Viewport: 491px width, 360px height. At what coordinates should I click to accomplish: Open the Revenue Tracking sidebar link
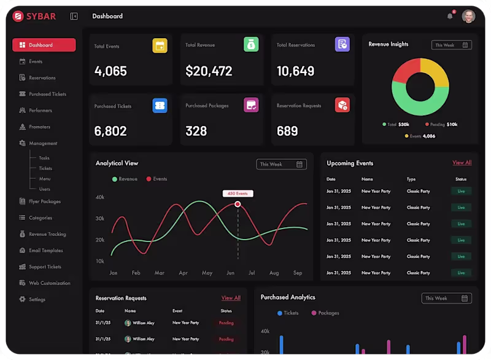click(47, 234)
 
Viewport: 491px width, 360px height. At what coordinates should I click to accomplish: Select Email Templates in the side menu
click(45, 251)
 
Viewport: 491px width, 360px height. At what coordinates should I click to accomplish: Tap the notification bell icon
click(450, 16)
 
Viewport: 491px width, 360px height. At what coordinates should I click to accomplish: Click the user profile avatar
click(468, 16)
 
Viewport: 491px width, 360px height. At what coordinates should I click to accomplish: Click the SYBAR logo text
click(41, 16)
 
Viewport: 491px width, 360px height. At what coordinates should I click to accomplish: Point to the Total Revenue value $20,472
click(209, 71)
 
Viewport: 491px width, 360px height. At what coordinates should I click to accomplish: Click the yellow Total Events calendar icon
click(160, 45)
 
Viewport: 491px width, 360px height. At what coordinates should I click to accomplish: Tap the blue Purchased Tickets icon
click(160, 105)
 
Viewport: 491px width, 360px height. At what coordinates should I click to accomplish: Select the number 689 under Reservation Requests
click(287, 131)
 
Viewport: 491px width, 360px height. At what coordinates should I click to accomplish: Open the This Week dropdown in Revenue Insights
click(451, 45)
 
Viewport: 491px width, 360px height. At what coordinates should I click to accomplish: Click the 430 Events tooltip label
click(238, 194)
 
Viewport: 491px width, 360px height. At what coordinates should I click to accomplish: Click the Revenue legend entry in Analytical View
click(125, 179)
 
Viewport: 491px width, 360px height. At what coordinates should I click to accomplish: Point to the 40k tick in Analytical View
click(99, 197)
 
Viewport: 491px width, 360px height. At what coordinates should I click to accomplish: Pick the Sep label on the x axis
click(297, 273)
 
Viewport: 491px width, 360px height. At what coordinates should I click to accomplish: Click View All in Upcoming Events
click(462, 163)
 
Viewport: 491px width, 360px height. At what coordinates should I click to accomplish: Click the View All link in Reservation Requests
click(231, 298)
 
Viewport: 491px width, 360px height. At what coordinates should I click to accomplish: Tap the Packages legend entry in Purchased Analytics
click(325, 313)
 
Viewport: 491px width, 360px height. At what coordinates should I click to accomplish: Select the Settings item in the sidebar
click(37, 300)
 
